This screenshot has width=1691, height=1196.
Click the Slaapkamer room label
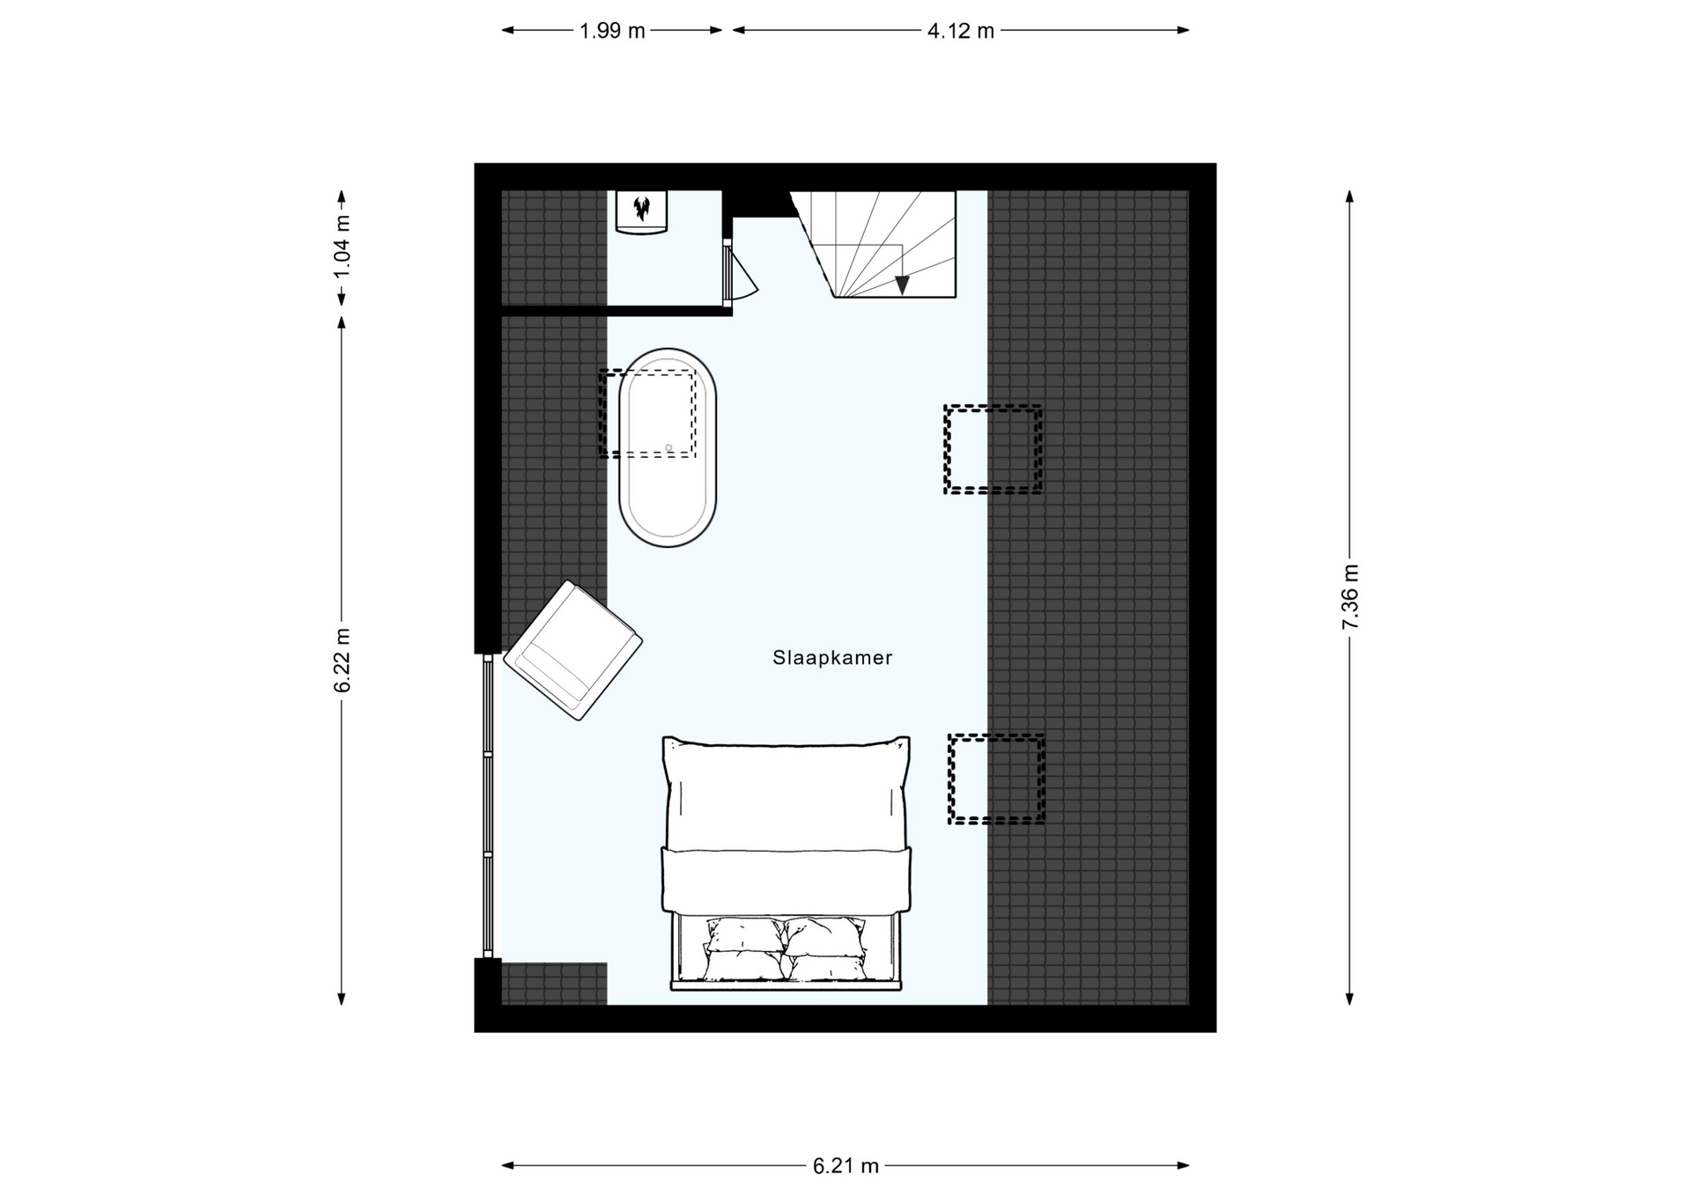point(832,658)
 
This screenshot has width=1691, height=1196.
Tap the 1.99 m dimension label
point(612,31)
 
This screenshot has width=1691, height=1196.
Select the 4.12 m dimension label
point(961,31)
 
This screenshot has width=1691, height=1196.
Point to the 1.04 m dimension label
point(342,247)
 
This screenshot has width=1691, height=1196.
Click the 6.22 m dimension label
point(342,661)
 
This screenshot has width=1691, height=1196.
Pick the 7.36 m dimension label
point(1350,597)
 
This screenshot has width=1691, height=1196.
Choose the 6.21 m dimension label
point(845,1166)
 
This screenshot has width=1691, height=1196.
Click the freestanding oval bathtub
point(668,447)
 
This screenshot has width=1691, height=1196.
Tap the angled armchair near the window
point(573,650)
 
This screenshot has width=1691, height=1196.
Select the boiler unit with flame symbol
point(641,212)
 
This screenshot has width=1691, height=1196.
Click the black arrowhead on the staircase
point(902,284)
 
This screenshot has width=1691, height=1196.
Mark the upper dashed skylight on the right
point(993,449)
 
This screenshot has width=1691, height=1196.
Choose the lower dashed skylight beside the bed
point(996,779)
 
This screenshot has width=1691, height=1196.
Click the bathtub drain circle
point(668,448)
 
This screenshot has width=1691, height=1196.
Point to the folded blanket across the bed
point(786,879)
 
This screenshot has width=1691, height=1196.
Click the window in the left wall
point(488,805)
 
